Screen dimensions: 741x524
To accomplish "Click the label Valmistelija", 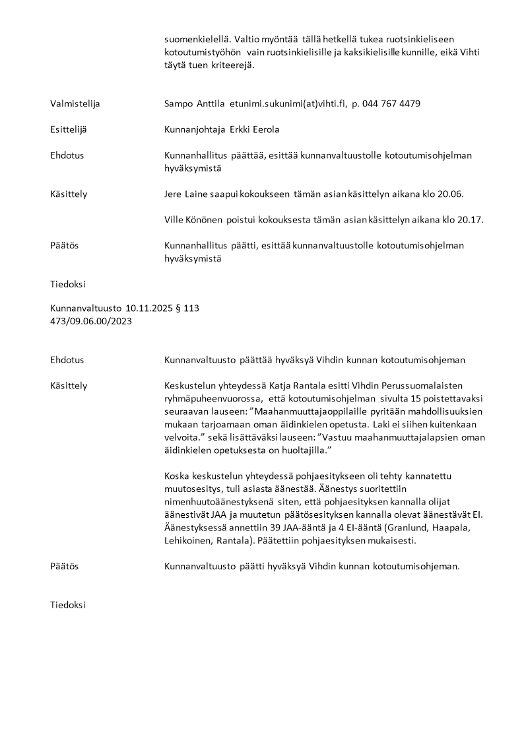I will pyautogui.click(x=75, y=104).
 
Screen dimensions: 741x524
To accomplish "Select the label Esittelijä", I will pyautogui.click(x=69, y=129).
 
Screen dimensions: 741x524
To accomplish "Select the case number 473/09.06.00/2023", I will pyautogui.click(x=91, y=321).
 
